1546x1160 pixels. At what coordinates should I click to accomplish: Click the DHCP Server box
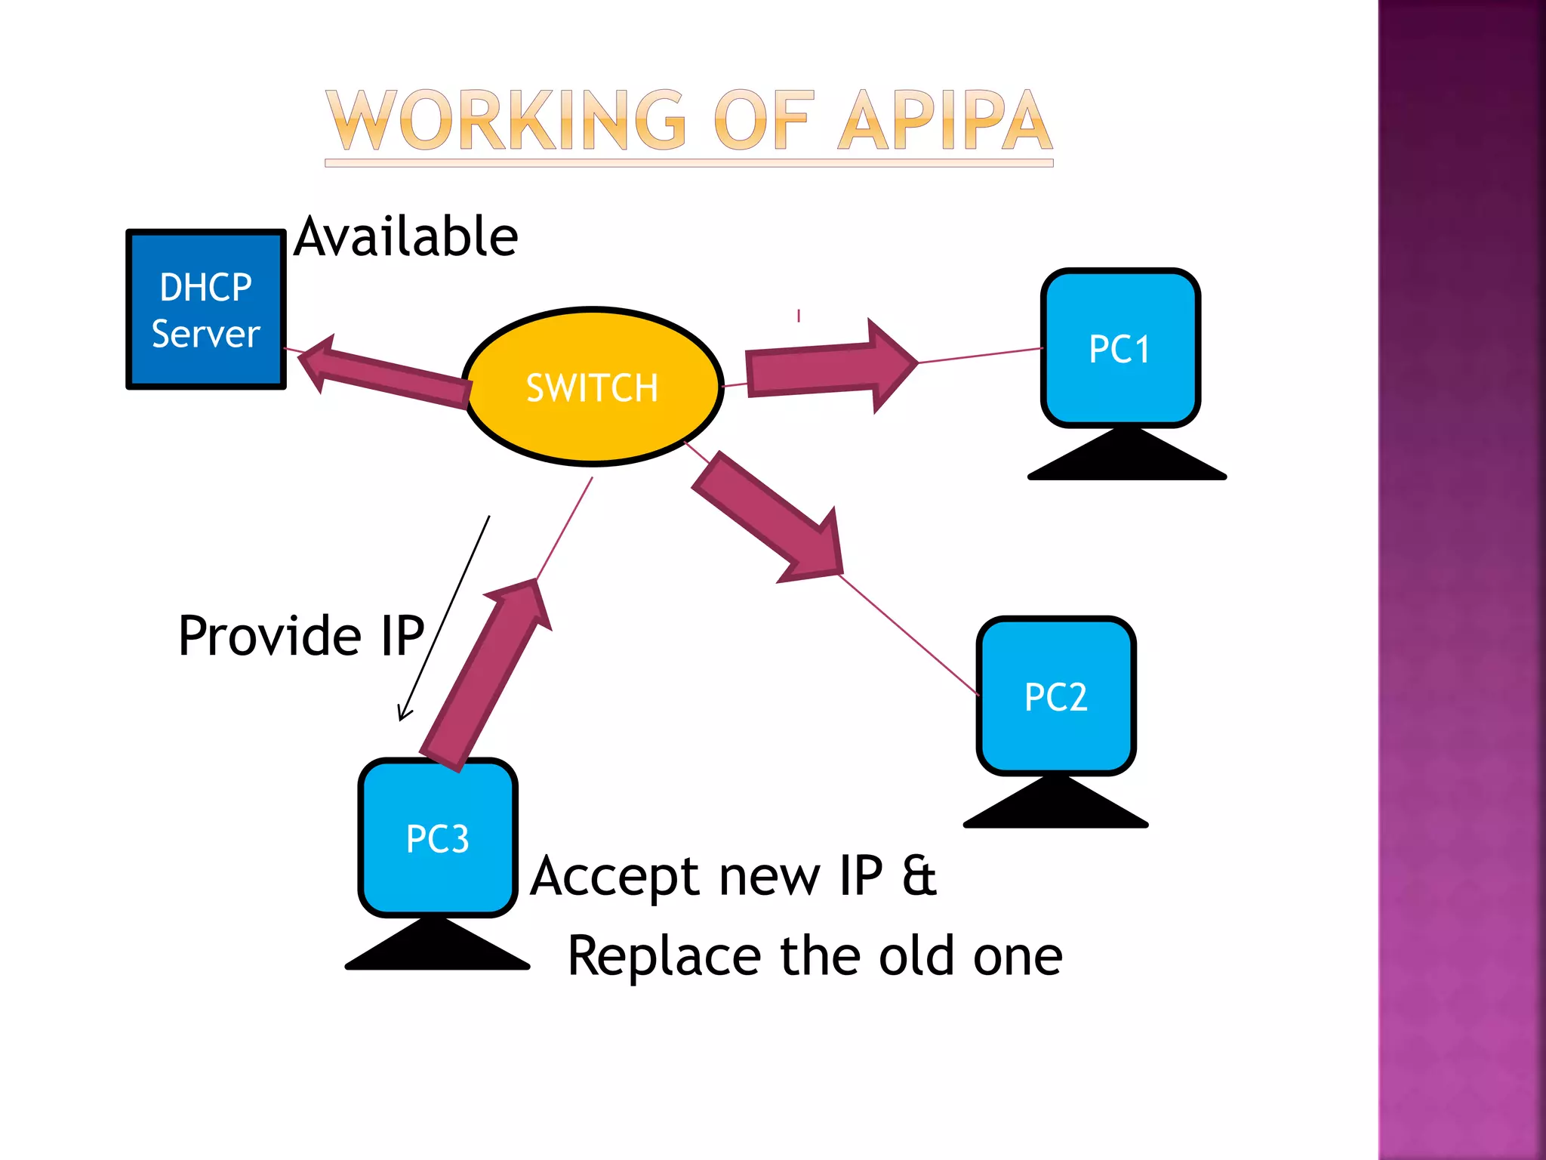coord(205,310)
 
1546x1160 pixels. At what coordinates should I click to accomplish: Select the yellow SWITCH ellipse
coord(593,387)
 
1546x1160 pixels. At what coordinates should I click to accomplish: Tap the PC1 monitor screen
coord(1120,348)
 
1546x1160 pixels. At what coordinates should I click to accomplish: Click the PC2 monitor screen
coord(1055,696)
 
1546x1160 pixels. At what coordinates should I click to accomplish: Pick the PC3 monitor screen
coord(438,838)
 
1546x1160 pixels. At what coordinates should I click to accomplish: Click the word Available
coord(406,237)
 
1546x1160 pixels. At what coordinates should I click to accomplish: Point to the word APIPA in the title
coord(945,121)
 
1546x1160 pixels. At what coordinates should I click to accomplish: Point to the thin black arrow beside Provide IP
coord(444,619)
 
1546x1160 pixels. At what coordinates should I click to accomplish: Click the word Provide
coord(270,636)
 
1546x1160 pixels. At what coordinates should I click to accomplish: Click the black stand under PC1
coord(1126,458)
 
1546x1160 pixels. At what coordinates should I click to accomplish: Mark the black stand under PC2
coord(1055,805)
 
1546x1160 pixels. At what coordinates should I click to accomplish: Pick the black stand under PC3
coord(438,947)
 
